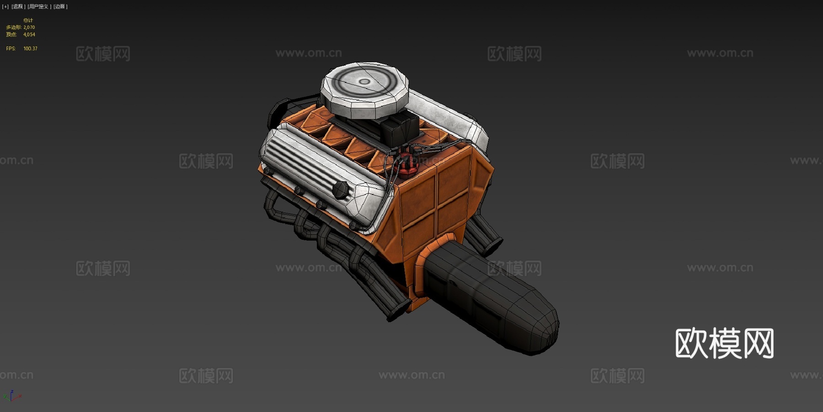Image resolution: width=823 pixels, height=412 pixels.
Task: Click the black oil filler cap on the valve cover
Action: click(x=341, y=189)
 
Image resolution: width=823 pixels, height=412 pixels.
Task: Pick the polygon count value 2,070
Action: click(x=29, y=27)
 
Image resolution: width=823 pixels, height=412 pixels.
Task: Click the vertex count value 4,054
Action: click(x=29, y=35)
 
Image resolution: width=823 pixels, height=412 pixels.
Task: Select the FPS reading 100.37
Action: click(x=30, y=49)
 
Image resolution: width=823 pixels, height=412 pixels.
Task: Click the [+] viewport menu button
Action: click(x=5, y=7)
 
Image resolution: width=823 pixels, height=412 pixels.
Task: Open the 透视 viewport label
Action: click(x=18, y=7)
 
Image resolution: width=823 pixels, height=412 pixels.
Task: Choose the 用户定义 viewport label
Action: click(x=39, y=7)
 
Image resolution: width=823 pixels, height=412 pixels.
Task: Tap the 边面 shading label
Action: click(x=60, y=7)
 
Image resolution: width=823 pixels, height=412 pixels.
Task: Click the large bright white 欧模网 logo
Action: click(x=724, y=343)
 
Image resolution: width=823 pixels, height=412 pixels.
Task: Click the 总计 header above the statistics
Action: click(x=28, y=21)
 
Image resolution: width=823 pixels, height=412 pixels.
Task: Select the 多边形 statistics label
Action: click(x=13, y=27)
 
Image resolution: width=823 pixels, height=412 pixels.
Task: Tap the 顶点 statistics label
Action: click(x=11, y=35)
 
